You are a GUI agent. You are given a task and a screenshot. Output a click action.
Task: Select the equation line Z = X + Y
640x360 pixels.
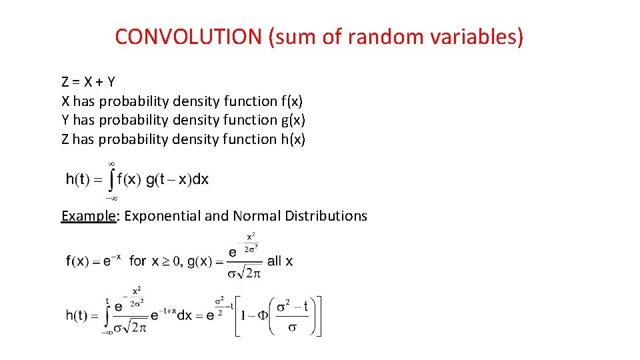tap(88, 82)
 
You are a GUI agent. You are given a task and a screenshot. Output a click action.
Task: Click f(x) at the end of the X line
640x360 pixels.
tap(291, 101)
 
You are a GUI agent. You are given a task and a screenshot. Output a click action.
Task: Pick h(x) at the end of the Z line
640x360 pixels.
tap(293, 139)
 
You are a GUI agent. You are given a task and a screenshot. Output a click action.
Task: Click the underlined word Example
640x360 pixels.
tap(89, 216)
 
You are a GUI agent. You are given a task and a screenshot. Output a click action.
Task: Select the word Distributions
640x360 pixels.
tap(326, 216)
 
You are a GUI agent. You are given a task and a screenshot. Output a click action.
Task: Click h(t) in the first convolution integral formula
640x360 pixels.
tap(79, 179)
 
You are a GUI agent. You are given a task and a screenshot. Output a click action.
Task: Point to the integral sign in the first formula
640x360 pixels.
tap(111, 179)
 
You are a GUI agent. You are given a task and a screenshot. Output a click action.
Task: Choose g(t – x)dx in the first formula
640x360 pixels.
tap(177, 179)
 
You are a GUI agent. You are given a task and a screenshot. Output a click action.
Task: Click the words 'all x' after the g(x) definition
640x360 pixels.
tap(280, 261)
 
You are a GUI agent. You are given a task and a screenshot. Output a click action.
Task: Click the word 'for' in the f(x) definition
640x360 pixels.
tap(138, 261)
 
